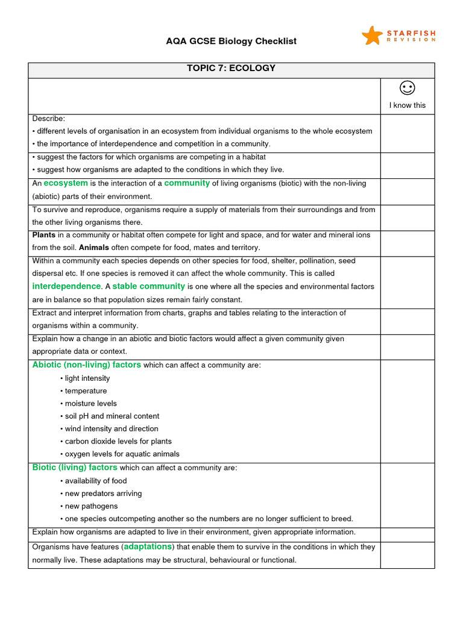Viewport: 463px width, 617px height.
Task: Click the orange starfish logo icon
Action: click(372, 36)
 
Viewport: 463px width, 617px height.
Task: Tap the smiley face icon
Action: click(408, 89)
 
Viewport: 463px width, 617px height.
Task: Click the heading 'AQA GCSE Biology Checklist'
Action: click(231, 41)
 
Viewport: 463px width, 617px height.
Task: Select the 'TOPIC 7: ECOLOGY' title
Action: click(231, 68)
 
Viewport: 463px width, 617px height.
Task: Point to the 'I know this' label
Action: click(408, 105)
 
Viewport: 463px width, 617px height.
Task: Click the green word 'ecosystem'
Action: click(66, 183)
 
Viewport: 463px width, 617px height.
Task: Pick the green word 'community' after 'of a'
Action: click(187, 183)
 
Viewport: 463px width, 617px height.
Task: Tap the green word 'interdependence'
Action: click(66, 286)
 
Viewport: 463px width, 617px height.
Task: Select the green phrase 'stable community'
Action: click(148, 286)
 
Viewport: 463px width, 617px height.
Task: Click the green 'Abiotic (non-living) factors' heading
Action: click(87, 365)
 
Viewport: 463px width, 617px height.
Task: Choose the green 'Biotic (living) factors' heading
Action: click(75, 468)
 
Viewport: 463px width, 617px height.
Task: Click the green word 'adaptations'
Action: click(148, 547)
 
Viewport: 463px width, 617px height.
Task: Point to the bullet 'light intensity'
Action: click(87, 378)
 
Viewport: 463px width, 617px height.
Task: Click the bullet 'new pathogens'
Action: click(91, 506)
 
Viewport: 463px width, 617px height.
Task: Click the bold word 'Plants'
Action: click(44, 235)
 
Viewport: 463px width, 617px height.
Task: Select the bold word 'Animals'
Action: click(93, 248)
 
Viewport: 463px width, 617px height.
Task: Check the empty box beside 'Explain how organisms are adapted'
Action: click(408, 534)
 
